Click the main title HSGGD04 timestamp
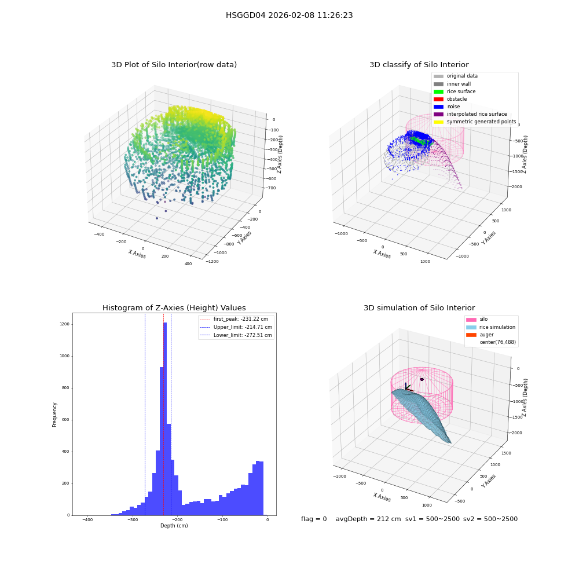(x=289, y=15)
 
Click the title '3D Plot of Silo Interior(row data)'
(x=174, y=65)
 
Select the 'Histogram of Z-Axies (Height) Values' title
(x=174, y=307)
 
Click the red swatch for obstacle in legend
(x=438, y=99)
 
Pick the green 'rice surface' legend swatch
(x=438, y=91)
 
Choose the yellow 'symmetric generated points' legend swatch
(x=438, y=122)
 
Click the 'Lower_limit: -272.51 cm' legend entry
(x=236, y=335)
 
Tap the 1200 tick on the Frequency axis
(x=65, y=324)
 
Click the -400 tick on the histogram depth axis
(x=87, y=519)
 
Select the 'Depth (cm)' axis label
(x=174, y=526)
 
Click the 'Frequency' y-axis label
(x=54, y=415)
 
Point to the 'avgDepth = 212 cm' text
(x=368, y=519)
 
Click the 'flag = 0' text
(x=314, y=519)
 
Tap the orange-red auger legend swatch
(x=471, y=335)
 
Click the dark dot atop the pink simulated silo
(x=422, y=379)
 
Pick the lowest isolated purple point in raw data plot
(x=157, y=218)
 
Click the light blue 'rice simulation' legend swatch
(x=471, y=327)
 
